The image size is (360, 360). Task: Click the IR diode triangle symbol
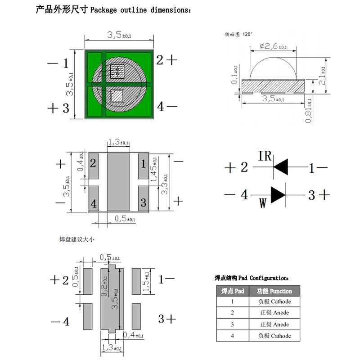pos(281,167)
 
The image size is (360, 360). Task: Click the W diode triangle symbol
pos(277,194)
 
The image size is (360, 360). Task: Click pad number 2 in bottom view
pos(93,163)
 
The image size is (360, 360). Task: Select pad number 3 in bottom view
pos(143,202)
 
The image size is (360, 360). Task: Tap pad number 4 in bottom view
pos(93,203)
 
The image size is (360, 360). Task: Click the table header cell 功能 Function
pos(274,291)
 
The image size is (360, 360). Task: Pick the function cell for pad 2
pos(274,313)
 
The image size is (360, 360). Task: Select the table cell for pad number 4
pos(232,336)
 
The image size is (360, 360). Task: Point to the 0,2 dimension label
pos(104,285)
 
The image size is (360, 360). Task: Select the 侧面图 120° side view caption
pos(238,34)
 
